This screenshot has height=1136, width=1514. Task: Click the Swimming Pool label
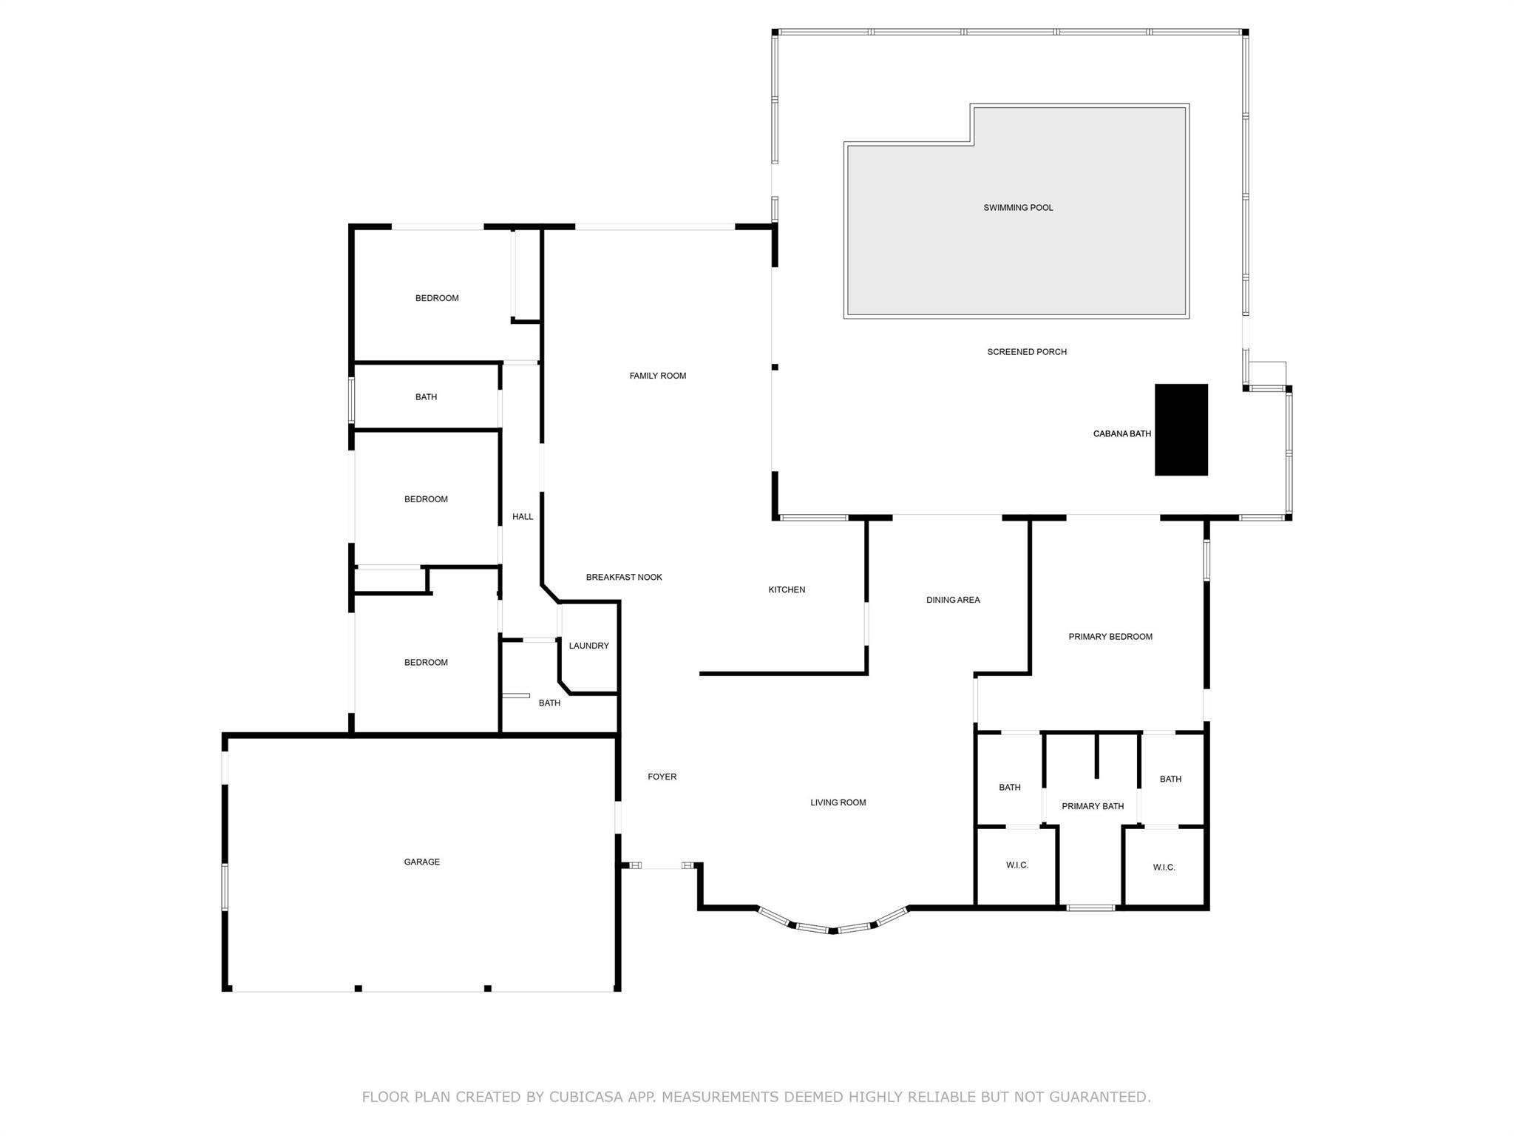pyautogui.click(x=1018, y=208)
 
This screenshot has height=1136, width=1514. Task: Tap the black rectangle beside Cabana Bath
pyautogui.click(x=1181, y=430)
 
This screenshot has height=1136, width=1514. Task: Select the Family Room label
pyautogui.click(x=658, y=376)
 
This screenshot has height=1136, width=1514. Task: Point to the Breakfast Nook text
pyautogui.click(x=624, y=577)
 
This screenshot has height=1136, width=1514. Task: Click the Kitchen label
pyautogui.click(x=787, y=589)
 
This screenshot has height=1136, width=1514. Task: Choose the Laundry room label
pyautogui.click(x=589, y=646)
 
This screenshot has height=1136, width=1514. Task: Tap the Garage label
pyautogui.click(x=422, y=862)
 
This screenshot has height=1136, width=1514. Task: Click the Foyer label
pyautogui.click(x=662, y=777)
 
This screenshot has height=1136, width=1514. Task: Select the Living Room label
pyautogui.click(x=838, y=802)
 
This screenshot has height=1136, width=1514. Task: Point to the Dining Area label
pyautogui.click(x=953, y=600)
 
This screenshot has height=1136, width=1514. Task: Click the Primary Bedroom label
pyautogui.click(x=1110, y=637)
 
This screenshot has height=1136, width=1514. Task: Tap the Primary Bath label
pyautogui.click(x=1093, y=806)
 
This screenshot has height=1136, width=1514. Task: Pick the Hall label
pyautogui.click(x=523, y=516)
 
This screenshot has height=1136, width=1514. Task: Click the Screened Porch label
pyautogui.click(x=1027, y=352)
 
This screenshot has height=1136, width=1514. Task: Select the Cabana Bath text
pyautogui.click(x=1122, y=434)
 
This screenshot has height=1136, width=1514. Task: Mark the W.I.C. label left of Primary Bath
pyautogui.click(x=1017, y=865)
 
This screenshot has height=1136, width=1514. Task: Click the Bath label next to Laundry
pyautogui.click(x=549, y=703)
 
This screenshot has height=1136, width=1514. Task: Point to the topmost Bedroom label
pyautogui.click(x=437, y=298)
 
